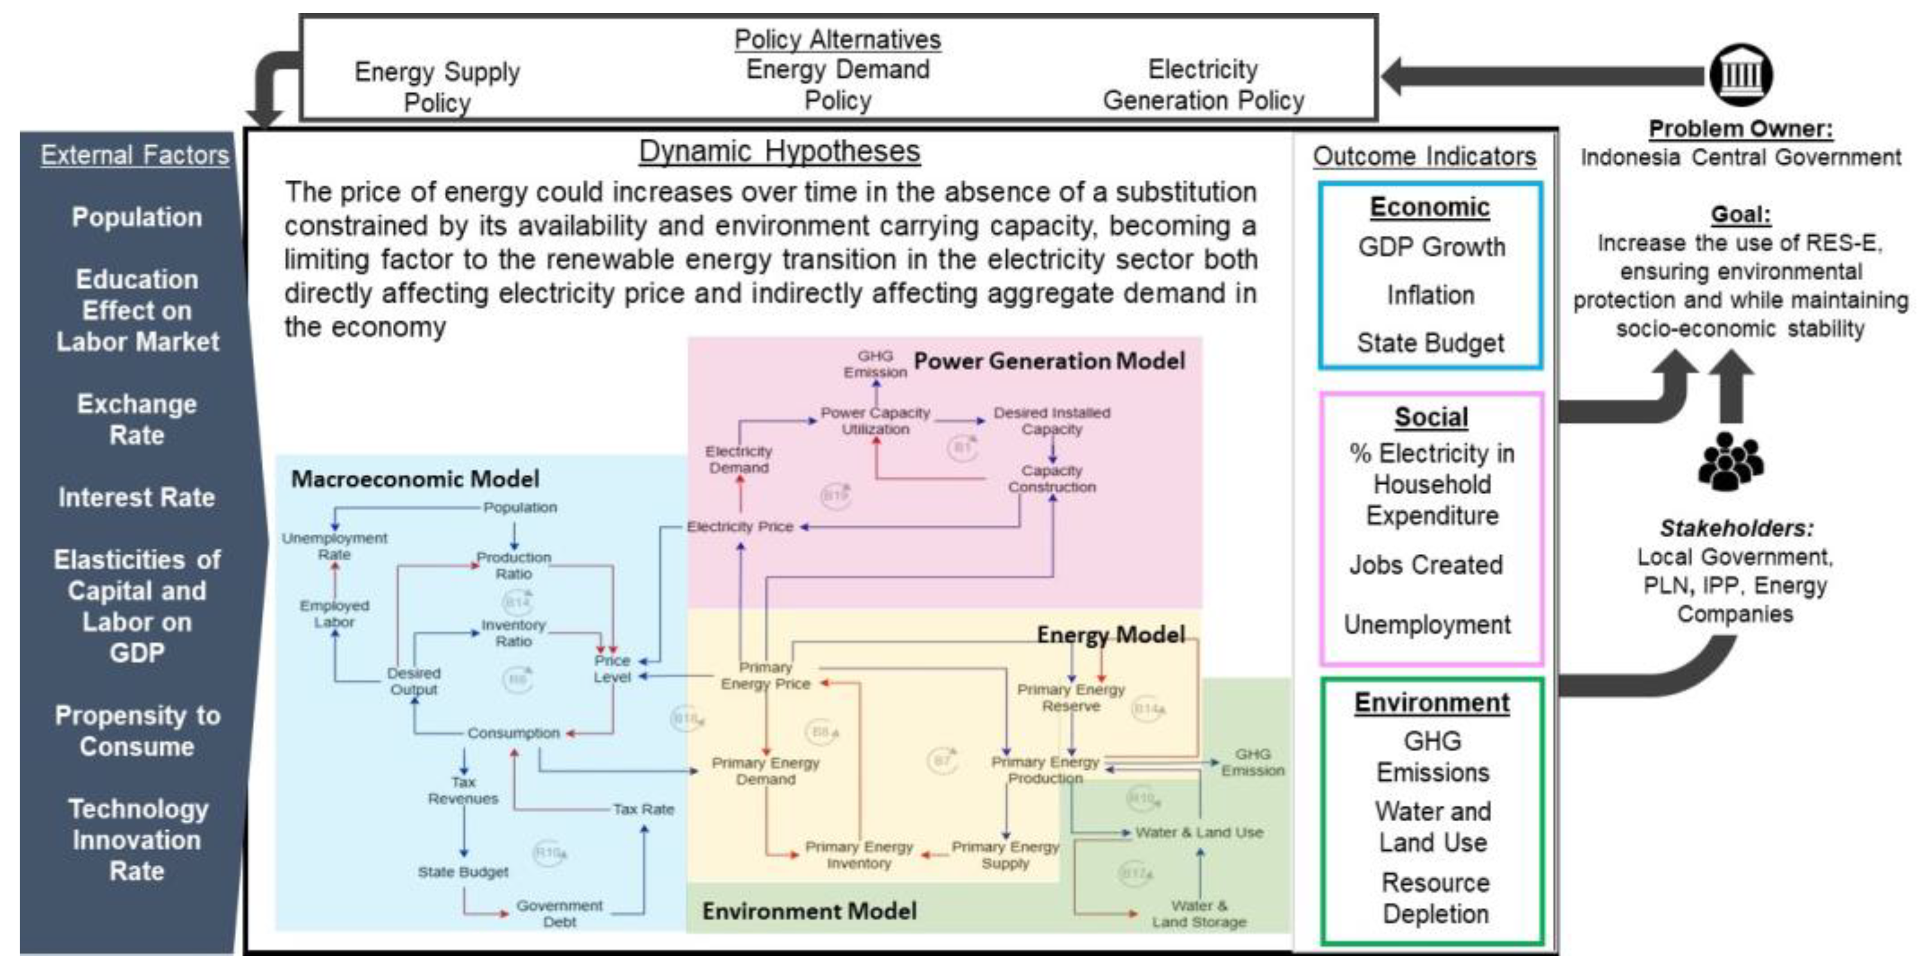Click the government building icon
[x=1741, y=75]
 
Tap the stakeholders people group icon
[x=1730, y=462]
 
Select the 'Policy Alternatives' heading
[x=837, y=39]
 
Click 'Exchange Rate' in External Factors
[x=136, y=419]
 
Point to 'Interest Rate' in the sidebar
[x=136, y=497]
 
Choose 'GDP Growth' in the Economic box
[x=1431, y=246]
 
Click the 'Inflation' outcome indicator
[x=1430, y=295]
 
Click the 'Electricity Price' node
[x=740, y=526]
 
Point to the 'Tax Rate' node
[x=643, y=809]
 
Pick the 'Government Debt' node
[x=559, y=913]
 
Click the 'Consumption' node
[x=514, y=733]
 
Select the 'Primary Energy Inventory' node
[x=859, y=855]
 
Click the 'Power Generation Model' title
[x=1049, y=361]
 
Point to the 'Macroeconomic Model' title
[x=415, y=479]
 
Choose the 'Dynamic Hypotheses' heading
[x=779, y=151]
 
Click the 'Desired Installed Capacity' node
[x=1051, y=421]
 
